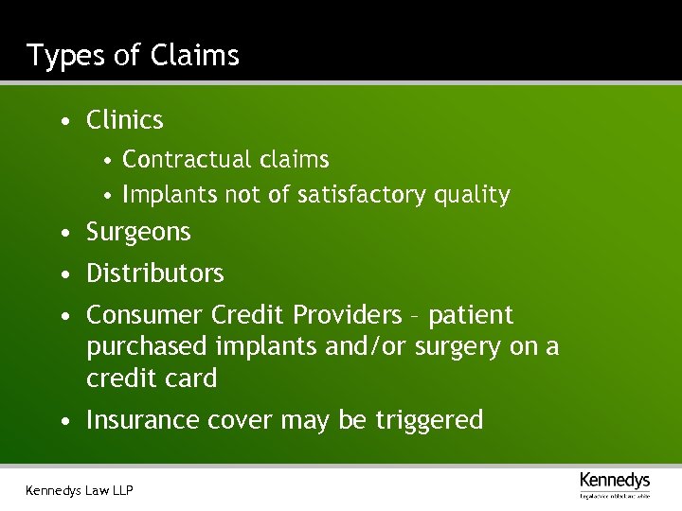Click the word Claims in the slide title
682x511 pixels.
[x=194, y=56]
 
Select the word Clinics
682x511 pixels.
[x=124, y=121]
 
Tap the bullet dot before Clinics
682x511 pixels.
[x=63, y=121]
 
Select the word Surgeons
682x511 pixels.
[x=138, y=233]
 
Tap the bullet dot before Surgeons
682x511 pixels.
[x=63, y=233]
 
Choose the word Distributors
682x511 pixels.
[x=154, y=273]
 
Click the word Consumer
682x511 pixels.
[x=144, y=314]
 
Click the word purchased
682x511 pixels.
[x=144, y=347]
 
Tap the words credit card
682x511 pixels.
[x=152, y=379]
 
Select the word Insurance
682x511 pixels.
[x=144, y=420]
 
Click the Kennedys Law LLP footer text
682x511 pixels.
[x=80, y=489]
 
